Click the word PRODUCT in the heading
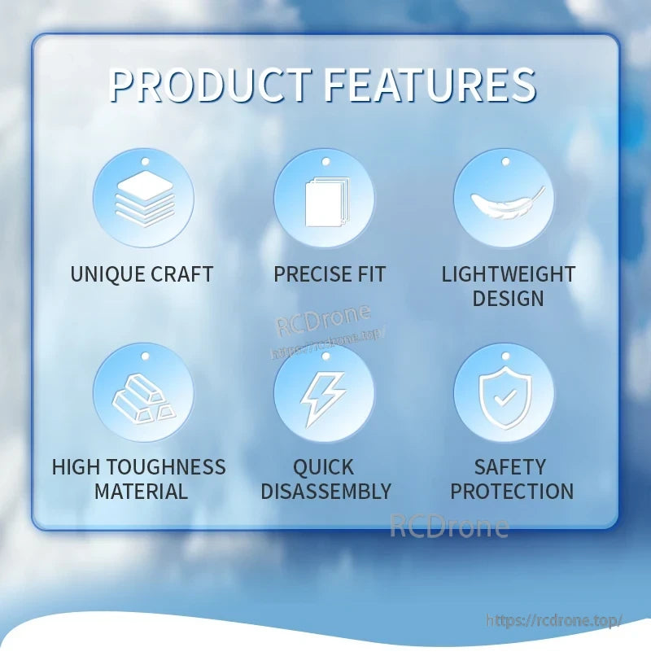210,85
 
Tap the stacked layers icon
145,199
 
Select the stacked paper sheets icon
327,202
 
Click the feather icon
508,202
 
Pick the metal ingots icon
144,399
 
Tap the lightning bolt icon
323,399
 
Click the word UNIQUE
107,274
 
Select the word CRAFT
182,274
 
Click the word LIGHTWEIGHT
509,274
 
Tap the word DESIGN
508,299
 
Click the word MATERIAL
141,491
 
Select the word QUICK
323,467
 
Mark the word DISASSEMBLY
326,491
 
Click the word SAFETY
510,467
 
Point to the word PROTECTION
512,491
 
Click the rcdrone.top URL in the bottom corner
554,620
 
